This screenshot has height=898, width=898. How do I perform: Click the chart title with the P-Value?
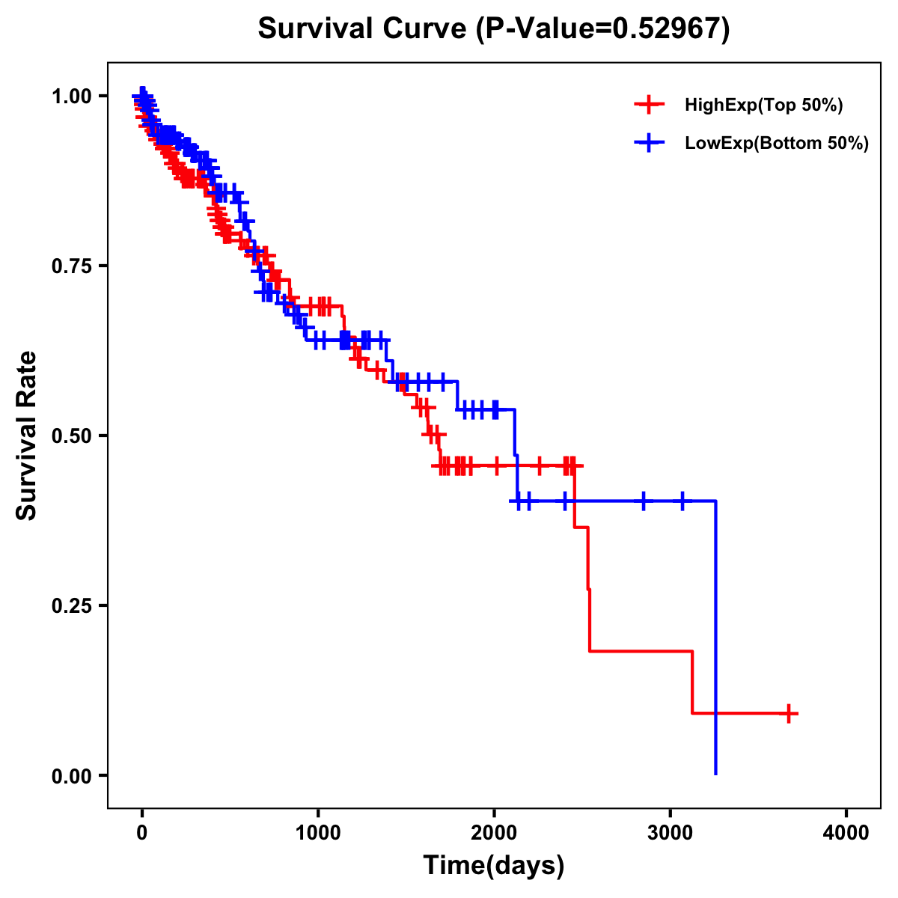click(x=494, y=29)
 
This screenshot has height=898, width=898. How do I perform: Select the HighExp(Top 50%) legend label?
click(x=763, y=106)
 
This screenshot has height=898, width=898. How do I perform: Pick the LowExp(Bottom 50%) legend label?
click(x=777, y=144)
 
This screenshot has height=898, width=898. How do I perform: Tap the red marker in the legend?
click(x=649, y=105)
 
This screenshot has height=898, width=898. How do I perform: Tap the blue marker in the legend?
click(x=649, y=143)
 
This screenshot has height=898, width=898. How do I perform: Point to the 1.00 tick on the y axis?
click(x=72, y=96)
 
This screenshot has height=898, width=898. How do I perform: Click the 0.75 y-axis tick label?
click(x=72, y=266)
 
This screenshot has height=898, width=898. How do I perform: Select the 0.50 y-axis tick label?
click(x=72, y=436)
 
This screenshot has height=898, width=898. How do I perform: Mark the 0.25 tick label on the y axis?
click(x=72, y=605)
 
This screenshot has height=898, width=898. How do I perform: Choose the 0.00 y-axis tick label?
click(x=72, y=775)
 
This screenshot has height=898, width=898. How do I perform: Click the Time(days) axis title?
click(x=494, y=866)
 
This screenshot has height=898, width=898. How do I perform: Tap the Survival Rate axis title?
click(x=27, y=436)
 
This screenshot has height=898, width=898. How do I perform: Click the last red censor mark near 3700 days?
click(x=788, y=713)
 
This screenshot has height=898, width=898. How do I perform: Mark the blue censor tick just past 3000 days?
click(x=682, y=501)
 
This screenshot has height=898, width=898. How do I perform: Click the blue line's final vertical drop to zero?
click(x=716, y=636)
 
